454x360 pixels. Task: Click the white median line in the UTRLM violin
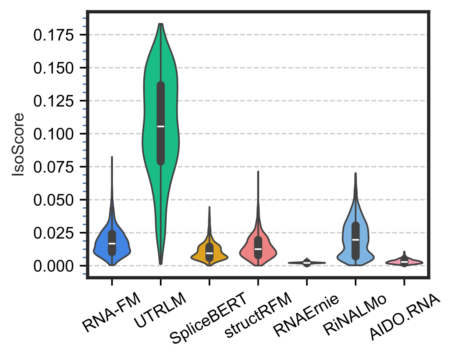point(161,126)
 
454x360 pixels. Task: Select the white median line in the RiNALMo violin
point(356,239)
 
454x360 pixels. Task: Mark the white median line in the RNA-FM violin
point(112,243)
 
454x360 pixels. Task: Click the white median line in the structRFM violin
point(258,249)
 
